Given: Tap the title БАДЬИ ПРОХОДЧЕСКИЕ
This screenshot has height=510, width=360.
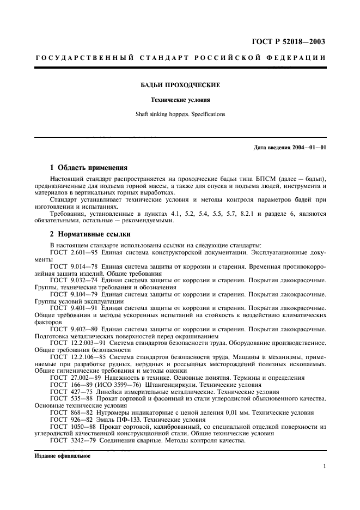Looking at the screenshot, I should pos(180,85).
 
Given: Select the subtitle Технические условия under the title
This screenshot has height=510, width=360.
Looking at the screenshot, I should pos(180,100).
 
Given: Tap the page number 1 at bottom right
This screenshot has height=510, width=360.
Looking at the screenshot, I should pos(324,466).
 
